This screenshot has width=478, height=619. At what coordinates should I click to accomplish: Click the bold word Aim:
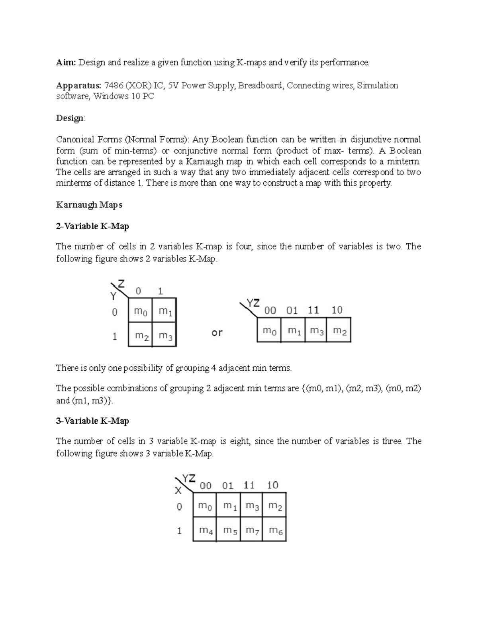66,63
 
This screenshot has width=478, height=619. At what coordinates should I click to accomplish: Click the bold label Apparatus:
78,85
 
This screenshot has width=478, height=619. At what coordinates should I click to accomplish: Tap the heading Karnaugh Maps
89,205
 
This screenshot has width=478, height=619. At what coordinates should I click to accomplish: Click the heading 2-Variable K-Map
92,226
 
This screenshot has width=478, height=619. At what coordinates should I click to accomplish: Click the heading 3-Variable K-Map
92,421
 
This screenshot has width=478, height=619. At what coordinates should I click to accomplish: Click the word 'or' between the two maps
217,332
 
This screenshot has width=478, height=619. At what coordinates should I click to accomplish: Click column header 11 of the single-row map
313,310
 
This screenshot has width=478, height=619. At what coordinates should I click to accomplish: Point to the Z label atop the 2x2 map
121,284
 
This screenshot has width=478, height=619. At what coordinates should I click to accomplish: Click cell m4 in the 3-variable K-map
206,530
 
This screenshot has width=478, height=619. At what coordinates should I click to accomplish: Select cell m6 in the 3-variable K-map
275,530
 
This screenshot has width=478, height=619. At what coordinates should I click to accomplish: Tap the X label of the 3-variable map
178,490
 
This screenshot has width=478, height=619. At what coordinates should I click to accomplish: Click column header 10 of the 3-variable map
272,485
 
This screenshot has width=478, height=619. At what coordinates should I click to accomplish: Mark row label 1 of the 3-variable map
179,531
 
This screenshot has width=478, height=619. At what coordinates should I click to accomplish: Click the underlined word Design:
71,118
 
